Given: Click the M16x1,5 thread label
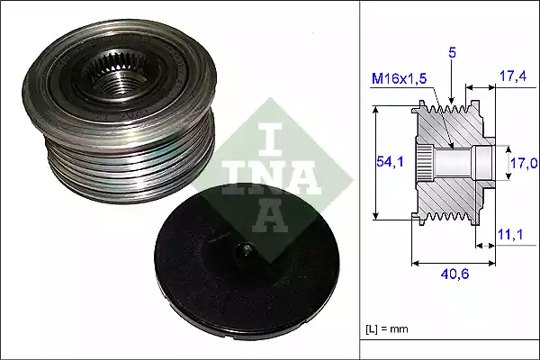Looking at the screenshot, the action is point(399,79).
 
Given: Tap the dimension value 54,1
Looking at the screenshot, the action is point(390,161).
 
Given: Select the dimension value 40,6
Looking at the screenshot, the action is point(454,274).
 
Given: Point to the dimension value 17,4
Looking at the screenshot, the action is point(513,76).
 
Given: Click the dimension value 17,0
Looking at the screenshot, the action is point(524,163).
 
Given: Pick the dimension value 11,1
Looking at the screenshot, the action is point(510,234).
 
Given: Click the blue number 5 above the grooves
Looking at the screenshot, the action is point(452,53).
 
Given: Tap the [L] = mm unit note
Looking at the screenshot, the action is point(387,328).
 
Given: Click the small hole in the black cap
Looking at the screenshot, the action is point(246,251).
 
